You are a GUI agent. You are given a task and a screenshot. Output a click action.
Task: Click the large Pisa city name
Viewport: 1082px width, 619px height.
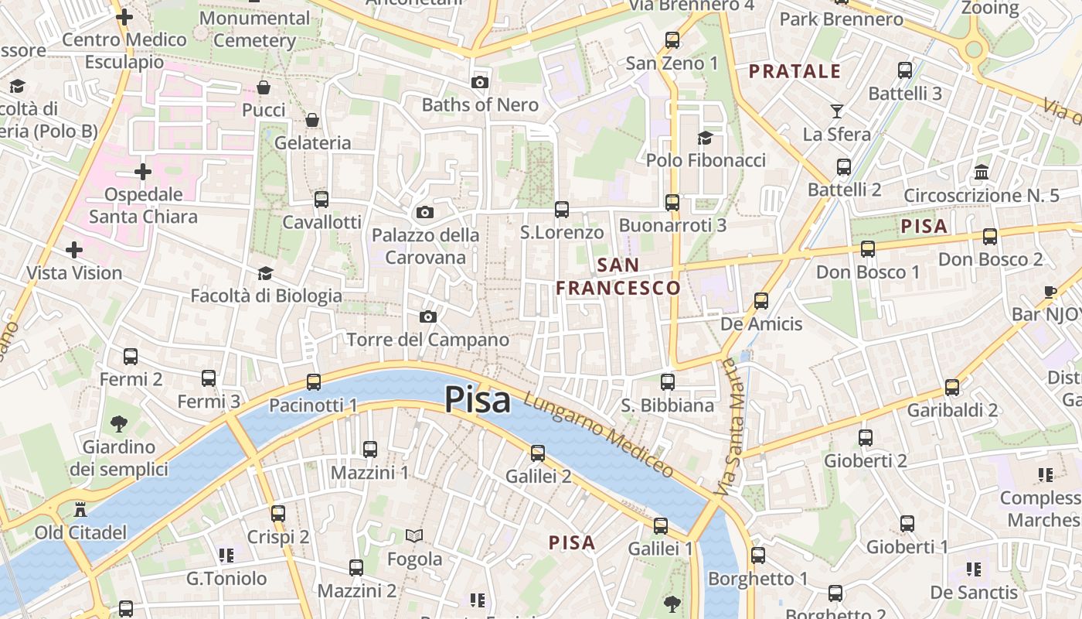click(x=478, y=401)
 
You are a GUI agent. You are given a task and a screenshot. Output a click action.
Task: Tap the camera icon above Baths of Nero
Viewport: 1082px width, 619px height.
click(x=480, y=82)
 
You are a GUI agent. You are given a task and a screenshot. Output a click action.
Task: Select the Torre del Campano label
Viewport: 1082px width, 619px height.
click(x=428, y=340)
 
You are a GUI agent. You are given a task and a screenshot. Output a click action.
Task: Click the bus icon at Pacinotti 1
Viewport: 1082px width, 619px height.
click(x=313, y=381)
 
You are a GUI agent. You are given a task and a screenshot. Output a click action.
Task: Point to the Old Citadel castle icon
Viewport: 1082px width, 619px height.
click(x=80, y=510)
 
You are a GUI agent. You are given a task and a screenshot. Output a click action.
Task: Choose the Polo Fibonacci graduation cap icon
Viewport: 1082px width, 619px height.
click(x=705, y=138)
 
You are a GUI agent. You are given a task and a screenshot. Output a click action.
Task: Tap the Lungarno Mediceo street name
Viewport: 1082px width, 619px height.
click(x=599, y=435)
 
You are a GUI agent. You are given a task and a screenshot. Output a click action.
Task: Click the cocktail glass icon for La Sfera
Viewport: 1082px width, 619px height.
click(x=837, y=111)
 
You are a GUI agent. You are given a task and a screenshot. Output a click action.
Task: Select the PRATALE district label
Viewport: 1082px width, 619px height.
click(x=794, y=72)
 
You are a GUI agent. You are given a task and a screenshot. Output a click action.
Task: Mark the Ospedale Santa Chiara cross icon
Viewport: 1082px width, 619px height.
click(x=143, y=171)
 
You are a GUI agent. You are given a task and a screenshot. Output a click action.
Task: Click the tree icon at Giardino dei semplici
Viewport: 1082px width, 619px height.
click(x=118, y=423)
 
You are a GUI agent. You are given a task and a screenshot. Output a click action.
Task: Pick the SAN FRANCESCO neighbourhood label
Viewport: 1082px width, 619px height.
click(x=618, y=276)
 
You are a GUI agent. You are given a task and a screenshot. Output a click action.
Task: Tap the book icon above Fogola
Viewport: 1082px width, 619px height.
click(x=415, y=535)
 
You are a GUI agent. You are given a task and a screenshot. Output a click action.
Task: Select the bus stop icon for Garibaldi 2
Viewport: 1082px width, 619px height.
click(x=952, y=387)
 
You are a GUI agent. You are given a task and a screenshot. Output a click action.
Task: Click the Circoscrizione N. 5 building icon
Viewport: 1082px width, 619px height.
click(x=982, y=172)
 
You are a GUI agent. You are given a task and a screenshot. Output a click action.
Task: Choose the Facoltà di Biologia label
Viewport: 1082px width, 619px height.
click(x=266, y=296)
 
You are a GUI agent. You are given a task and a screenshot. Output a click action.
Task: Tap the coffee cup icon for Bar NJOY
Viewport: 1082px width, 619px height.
click(x=1050, y=292)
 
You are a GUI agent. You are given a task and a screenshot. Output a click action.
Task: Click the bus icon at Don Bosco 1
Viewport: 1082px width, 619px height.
click(x=868, y=248)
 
